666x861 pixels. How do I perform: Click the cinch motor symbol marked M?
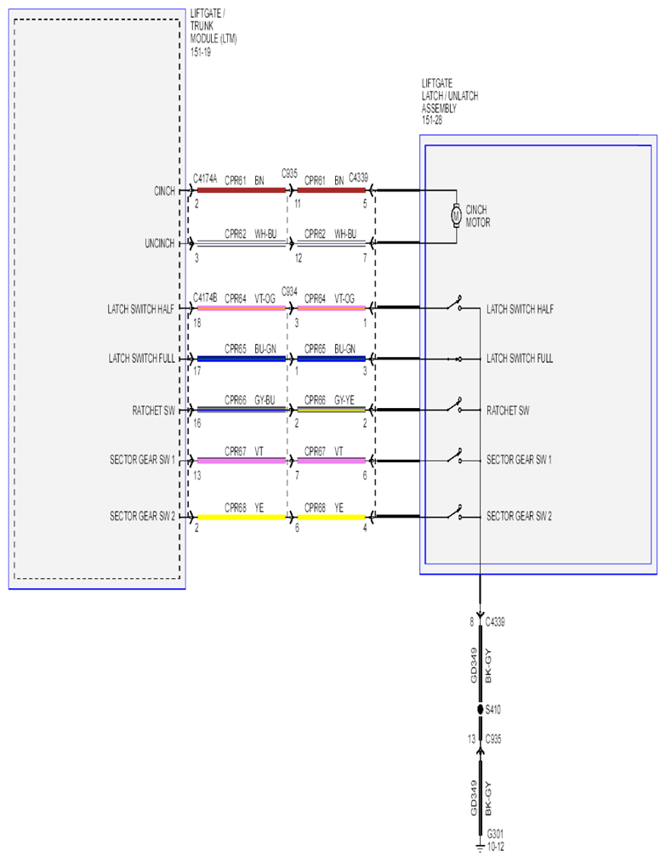[456, 215]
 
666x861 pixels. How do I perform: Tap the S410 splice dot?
[481, 710]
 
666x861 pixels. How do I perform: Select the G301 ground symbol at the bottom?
[481, 847]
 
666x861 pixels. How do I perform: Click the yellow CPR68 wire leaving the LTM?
[242, 518]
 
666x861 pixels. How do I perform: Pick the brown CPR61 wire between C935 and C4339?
[332, 190]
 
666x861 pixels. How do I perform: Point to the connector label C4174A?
[205, 179]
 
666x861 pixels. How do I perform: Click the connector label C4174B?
[205, 297]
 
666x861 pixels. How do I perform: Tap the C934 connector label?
[289, 291]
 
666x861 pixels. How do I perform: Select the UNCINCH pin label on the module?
[159, 243]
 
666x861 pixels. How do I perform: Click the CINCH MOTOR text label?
[478, 216]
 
